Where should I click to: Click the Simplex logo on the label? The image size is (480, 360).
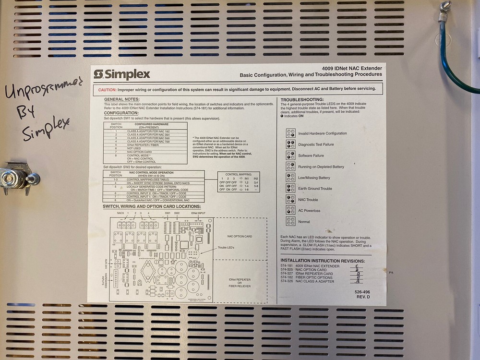point(122,74)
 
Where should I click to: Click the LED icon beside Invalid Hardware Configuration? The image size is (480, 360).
point(290,133)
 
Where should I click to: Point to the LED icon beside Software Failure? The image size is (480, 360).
point(290,155)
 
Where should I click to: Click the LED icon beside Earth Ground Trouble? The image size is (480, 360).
point(290,188)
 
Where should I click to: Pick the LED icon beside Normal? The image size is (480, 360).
point(290,221)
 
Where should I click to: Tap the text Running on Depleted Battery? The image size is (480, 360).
point(321,167)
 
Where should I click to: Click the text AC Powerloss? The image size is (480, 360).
point(309,211)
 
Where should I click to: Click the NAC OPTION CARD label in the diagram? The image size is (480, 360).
point(240,236)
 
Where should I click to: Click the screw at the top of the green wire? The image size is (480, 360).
point(446,6)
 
